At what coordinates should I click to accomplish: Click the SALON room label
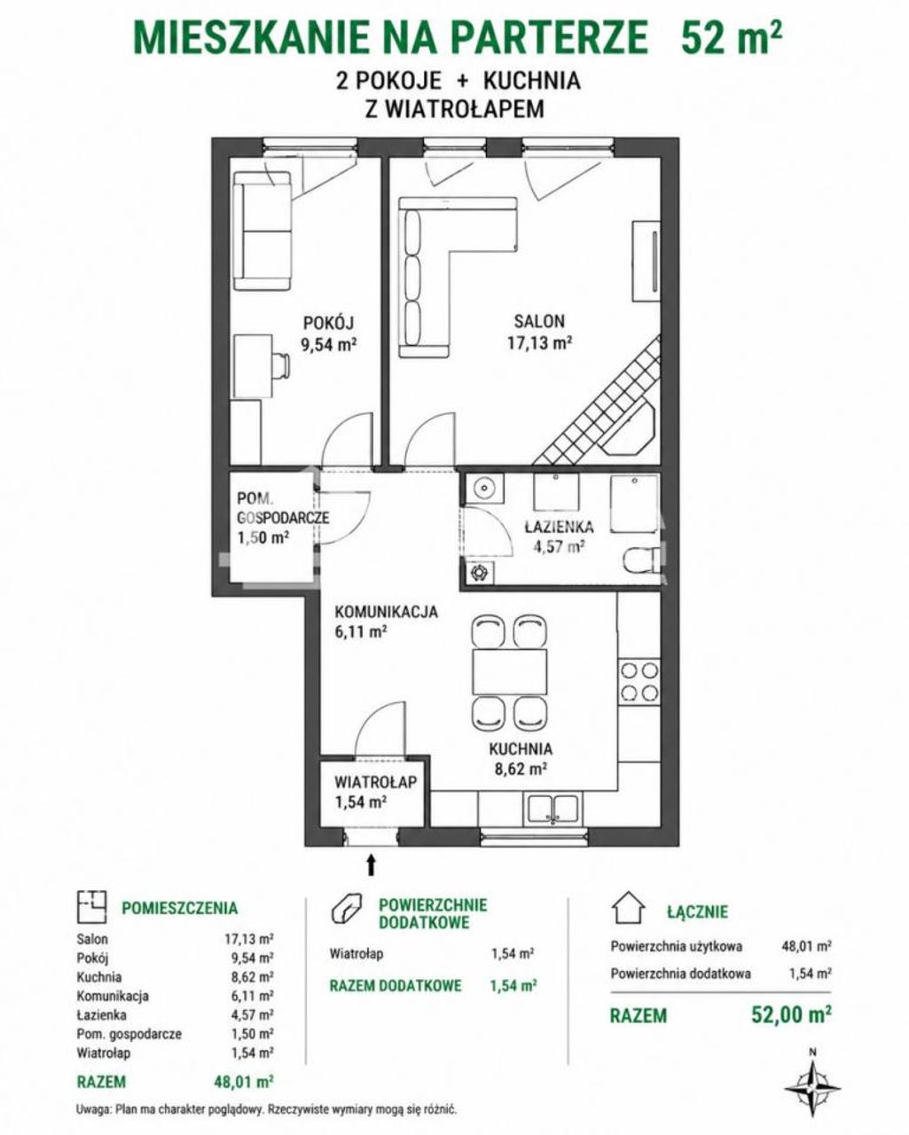click(x=539, y=321)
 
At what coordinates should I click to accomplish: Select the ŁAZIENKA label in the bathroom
click(x=559, y=526)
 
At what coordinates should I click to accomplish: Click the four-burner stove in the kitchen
click(x=639, y=681)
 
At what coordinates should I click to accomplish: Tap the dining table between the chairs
click(x=510, y=672)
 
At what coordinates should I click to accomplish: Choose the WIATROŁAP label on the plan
click(x=375, y=781)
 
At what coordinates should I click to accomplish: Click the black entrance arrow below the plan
click(x=372, y=865)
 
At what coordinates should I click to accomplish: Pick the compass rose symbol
click(x=812, y=1087)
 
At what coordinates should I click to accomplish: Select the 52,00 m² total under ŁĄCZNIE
click(x=791, y=1014)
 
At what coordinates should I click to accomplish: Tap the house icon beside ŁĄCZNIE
click(x=628, y=907)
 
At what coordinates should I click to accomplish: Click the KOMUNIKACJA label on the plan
click(x=386, y=612)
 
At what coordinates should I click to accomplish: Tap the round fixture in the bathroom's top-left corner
click(x=484, y=487)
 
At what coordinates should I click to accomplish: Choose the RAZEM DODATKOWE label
click(x=396, y=985)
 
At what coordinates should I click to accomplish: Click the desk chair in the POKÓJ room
click(x=281, y=364)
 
